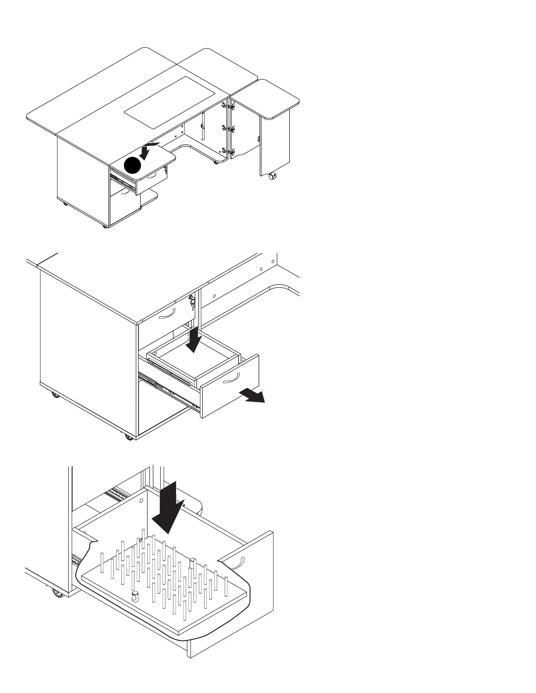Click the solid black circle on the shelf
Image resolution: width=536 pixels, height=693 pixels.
coord(134,166)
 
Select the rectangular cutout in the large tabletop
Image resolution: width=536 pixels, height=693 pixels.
coord(171,102)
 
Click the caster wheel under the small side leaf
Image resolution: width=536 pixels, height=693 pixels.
coord(272,177)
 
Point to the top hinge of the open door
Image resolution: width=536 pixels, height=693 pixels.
coord(228,105)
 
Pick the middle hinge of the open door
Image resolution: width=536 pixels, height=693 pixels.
coord(228,129)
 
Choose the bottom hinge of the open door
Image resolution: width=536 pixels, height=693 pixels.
coord(228,151)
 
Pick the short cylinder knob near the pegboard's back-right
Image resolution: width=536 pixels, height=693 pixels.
coord(193,563)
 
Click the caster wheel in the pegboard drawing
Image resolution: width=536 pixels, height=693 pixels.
coord(56,593)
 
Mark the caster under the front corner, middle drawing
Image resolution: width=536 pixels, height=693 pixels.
coord(128,437)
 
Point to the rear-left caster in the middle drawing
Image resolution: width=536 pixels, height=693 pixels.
coord(55,395)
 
